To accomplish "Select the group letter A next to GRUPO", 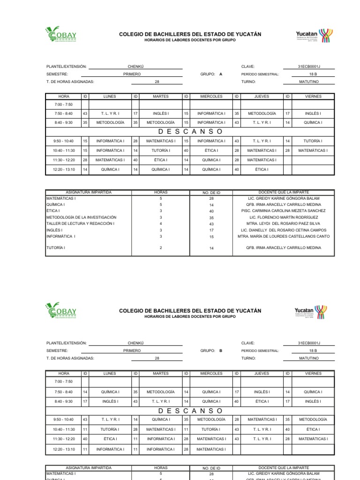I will coord(220,74).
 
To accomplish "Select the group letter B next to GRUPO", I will coord(220,351).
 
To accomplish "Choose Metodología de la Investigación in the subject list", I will coord(81,217).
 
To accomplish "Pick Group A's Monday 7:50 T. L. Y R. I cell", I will coord(110,113).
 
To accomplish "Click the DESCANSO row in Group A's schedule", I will coord(190,131).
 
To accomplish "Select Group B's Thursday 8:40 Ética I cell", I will coord(262,401).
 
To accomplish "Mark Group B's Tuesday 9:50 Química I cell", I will coord(161,420).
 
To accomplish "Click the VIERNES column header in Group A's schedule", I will coord(313,97).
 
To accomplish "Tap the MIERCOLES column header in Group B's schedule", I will coord(211,374).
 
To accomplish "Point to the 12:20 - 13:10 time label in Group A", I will coord(64,169).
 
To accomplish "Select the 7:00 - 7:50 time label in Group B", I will coord(64,382).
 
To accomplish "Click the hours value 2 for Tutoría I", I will coord(161,247).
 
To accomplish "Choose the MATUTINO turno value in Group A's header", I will coord(309,82).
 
